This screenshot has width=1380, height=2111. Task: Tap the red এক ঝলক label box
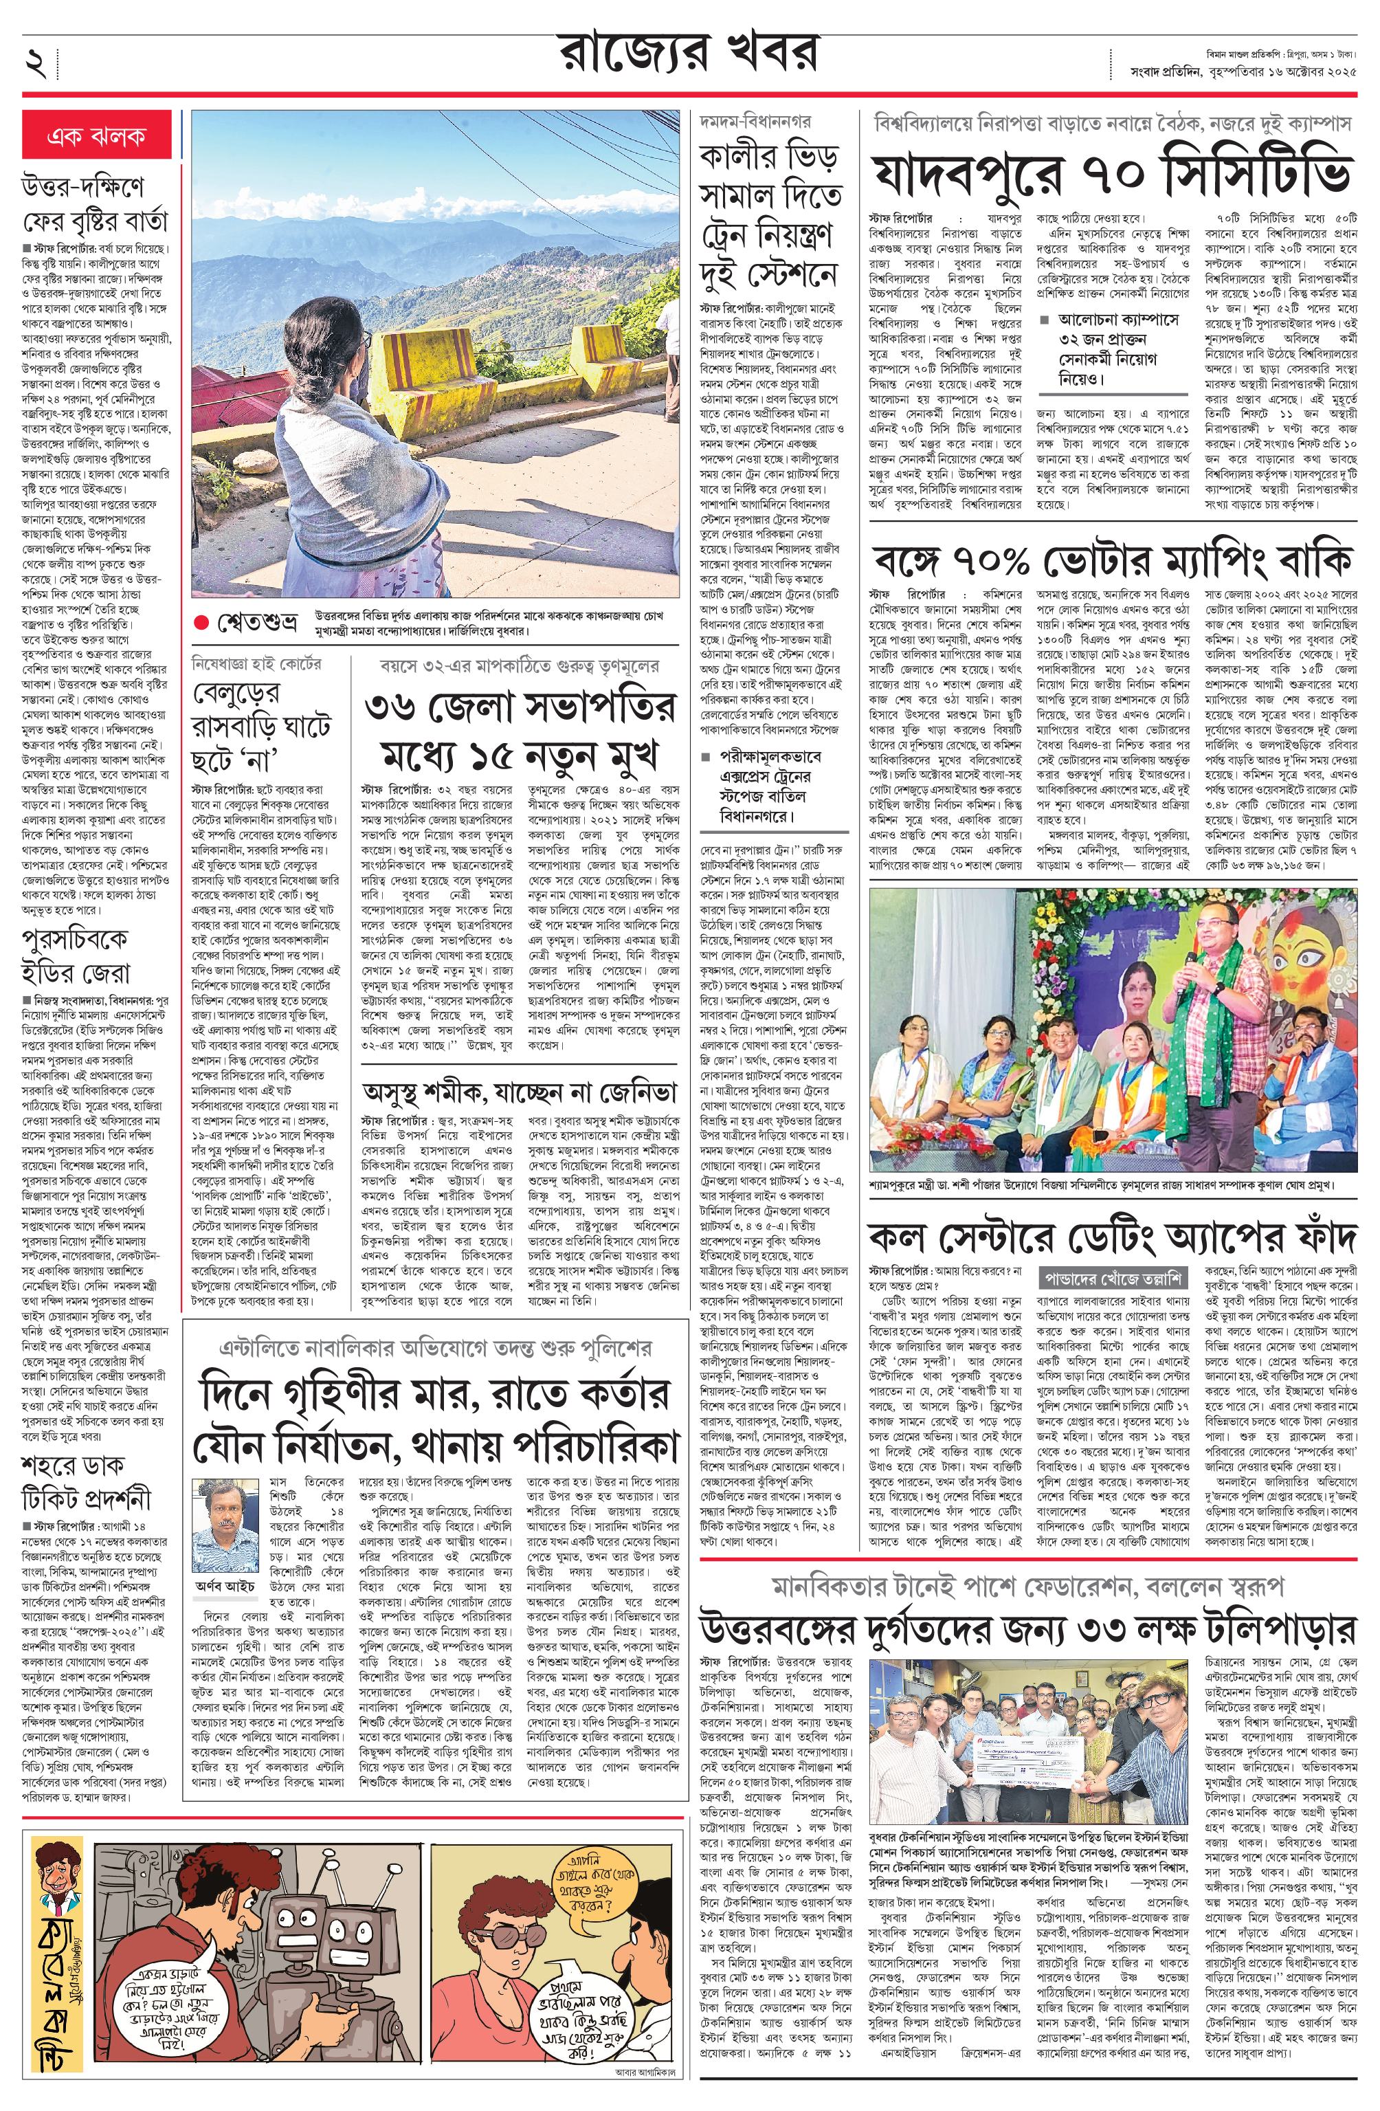pyautogui.click(x=98, y=137)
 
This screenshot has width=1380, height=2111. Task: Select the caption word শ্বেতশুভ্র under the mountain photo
pyautogui.click(x=251, y=623)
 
